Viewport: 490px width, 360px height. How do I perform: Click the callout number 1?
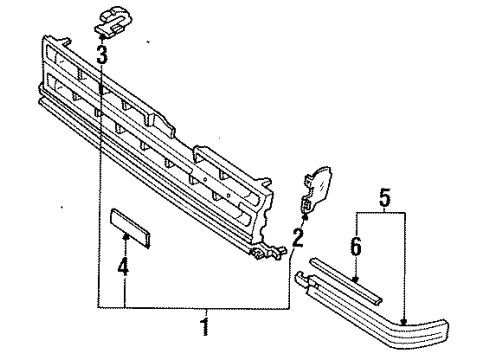205,327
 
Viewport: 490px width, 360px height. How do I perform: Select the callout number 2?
298,238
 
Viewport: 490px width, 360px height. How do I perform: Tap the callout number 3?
102,54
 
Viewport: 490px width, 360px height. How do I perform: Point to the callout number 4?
123,266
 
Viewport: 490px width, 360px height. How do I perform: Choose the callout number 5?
385,197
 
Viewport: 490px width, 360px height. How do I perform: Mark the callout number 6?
356,247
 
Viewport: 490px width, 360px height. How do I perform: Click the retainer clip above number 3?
113,20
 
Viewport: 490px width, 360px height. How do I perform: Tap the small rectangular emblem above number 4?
130,228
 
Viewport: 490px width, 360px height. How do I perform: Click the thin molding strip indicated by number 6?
346,280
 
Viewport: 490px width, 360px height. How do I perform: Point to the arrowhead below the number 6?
356,279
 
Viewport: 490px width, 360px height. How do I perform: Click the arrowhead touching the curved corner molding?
404,322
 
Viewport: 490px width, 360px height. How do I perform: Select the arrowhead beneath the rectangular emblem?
126,237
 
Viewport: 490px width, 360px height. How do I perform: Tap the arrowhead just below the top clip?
102,37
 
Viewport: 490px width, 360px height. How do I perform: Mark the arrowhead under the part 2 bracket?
304,218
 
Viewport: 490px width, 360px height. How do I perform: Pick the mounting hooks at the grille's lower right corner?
268,253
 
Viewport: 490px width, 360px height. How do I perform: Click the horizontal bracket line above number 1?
194,308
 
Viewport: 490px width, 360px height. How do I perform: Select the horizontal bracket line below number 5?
381,213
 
